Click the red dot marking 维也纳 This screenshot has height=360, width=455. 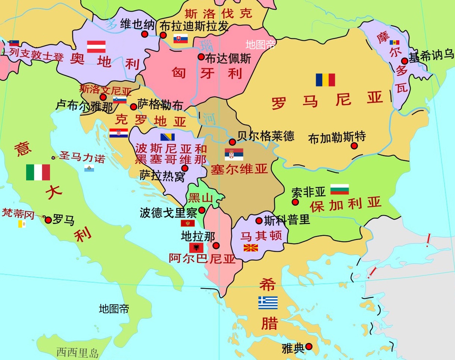145,34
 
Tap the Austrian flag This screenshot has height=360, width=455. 96,47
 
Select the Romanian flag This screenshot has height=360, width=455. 325,80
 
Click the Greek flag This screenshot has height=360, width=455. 268,303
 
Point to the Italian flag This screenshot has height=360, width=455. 38,172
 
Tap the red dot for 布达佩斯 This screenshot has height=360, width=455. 201,57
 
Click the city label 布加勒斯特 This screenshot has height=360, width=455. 337,138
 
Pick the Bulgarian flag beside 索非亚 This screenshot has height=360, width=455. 340,189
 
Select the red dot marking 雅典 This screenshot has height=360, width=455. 309,347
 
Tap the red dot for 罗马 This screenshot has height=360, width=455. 48,220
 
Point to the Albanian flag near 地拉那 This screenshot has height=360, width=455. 196,248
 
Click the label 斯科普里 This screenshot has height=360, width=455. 287,220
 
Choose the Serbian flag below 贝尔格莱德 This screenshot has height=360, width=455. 234,154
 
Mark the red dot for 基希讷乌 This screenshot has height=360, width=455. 405,61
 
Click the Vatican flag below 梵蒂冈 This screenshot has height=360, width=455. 22,224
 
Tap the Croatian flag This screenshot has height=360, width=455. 119,133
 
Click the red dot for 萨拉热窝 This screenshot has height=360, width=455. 185,168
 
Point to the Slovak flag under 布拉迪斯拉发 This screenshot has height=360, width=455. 181,39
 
